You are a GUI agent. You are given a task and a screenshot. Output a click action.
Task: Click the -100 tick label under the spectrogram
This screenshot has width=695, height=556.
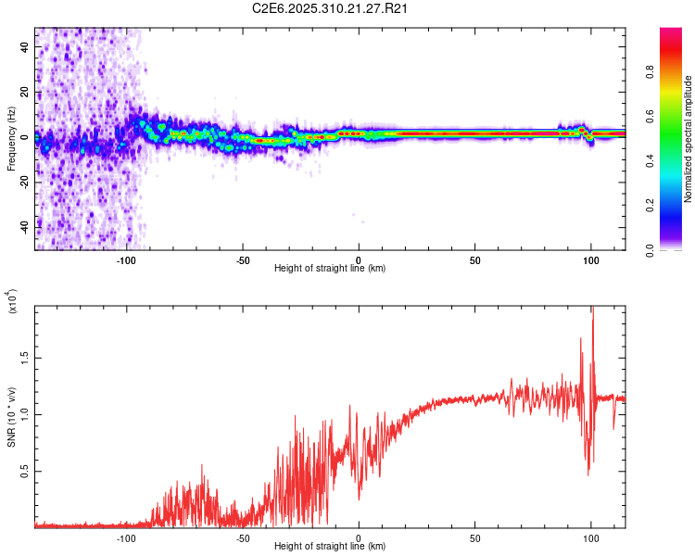click(126, 259)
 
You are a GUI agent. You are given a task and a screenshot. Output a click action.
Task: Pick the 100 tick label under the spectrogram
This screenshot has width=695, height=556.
click(591, 259)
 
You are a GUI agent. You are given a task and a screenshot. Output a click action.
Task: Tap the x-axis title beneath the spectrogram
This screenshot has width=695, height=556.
click(331, 269)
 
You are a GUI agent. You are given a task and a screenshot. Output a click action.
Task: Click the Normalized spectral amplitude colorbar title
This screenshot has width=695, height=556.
click(689, 139)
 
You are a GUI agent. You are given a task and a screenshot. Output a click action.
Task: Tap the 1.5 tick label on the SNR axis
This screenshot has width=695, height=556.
click(25, 358)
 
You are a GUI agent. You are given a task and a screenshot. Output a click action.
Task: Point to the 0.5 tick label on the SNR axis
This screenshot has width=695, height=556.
click(25, 471)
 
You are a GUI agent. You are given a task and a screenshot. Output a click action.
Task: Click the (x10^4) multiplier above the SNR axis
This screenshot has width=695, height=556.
click(13, 302)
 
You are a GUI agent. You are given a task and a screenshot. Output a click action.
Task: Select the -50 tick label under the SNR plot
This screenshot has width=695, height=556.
click(242, 537)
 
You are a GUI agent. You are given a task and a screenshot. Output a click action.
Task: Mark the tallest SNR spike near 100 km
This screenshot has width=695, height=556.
click(592, 309)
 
